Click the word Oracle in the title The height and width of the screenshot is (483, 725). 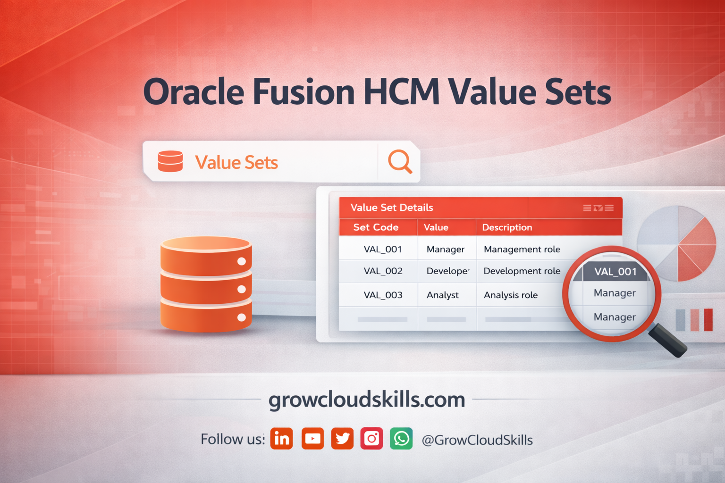[194, 92]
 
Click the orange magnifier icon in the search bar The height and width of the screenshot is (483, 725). [400, 162]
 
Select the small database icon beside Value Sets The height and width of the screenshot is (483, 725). [170, 161]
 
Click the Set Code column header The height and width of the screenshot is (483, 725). [376, 227]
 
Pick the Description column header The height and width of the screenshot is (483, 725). [507, 227]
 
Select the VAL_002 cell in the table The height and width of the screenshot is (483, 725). [383, 271]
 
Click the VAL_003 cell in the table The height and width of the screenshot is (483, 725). [383, 295]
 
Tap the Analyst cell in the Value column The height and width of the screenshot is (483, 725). [442, 295]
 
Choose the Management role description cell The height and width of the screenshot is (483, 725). [522, 249]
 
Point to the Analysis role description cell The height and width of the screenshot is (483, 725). [510, 295]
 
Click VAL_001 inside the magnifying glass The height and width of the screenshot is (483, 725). [615, 272]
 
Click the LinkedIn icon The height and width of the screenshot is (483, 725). [282, 439]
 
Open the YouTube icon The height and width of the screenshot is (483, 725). [312, 439]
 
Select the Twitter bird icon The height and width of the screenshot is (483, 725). [342, 439]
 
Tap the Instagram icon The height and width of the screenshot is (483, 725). [372, 439]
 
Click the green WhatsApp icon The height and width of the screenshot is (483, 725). [401, 439]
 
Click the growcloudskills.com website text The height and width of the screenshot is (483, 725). [367, 400]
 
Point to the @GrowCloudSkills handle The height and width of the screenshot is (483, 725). [477, 440]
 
